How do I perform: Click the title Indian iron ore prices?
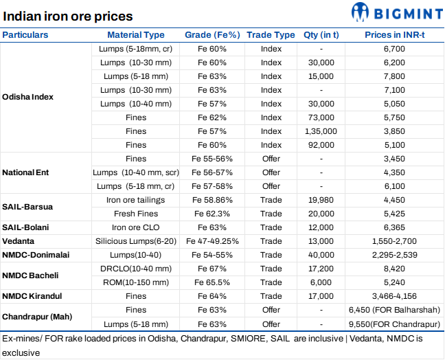[x=69, y=16]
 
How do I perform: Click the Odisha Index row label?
[x=28, y=97]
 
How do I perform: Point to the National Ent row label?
[x=25, y=172]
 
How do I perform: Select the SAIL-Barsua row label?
[x=27, y=207]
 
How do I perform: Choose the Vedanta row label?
[x=19, y=241]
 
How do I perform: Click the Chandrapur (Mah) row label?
[x=35, y=317]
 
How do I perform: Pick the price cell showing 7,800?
[x=396, y=76]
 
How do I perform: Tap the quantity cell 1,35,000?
[x=321, y=131]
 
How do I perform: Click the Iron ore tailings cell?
[x=136, y=200]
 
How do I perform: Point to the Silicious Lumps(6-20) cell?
[x=136, y=241]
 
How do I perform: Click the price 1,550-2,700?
[x=396, y=241]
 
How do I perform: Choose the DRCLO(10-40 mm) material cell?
[x=136, y=269]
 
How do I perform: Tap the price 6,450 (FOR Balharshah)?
[x=396, y=310]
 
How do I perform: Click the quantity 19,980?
[x=321, y=200]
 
